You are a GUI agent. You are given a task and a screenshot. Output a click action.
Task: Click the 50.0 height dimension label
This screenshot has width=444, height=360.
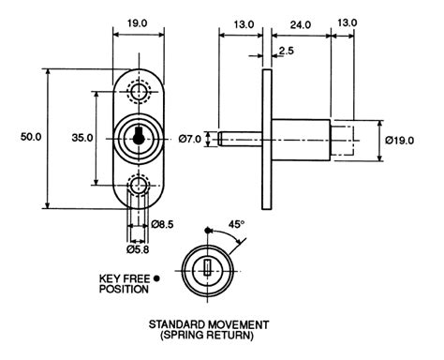[31, 137]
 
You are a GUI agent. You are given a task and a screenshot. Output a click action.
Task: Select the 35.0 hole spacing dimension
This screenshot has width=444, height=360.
[82, 138]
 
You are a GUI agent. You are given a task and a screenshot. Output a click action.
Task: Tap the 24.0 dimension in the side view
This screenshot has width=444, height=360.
[301, 24]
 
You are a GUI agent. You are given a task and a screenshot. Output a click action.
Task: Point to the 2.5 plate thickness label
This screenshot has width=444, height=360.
[287, 51]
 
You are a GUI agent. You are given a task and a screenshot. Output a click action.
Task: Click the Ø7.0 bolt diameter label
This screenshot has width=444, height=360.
[190, 139]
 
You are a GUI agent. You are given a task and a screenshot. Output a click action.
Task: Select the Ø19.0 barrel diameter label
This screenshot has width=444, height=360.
[400, 141]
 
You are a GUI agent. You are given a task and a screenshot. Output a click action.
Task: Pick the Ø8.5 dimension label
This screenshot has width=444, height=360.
[162, 224]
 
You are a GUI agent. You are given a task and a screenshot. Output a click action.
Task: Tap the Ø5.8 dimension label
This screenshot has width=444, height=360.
[138, 249]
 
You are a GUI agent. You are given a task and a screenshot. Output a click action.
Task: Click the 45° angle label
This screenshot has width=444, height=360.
[236, 224]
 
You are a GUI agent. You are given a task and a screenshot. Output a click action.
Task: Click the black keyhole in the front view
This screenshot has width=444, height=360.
[137, 136]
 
